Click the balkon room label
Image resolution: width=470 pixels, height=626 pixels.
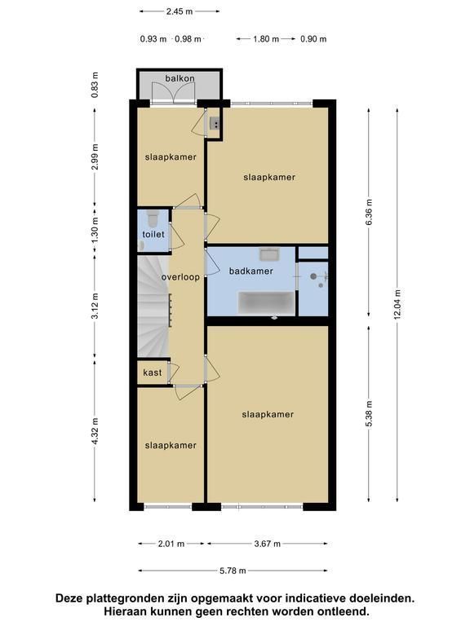180,78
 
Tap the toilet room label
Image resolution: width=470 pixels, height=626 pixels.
153,235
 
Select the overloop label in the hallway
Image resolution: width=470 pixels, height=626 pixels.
180,277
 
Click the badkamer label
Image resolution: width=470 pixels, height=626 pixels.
251,271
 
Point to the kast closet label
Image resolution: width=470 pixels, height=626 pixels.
153,373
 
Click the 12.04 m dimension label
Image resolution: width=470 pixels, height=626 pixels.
397,304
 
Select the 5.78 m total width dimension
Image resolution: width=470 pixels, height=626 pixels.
233,571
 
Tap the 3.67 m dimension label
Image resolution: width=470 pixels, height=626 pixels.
268,544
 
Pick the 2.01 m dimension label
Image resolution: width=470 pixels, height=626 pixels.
171,544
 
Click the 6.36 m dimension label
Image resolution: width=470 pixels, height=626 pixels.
369,212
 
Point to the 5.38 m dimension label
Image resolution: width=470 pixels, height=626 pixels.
369,414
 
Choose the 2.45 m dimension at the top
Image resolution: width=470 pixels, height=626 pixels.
180,11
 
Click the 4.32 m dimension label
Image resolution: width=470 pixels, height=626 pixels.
95,431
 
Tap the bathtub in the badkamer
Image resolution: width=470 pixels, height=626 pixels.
266,302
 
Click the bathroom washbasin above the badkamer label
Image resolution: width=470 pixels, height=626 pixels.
270,254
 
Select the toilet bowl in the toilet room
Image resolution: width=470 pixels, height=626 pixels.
153,218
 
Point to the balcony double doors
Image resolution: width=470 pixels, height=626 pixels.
173,94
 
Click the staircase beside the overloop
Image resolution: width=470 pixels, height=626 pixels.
153,306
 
